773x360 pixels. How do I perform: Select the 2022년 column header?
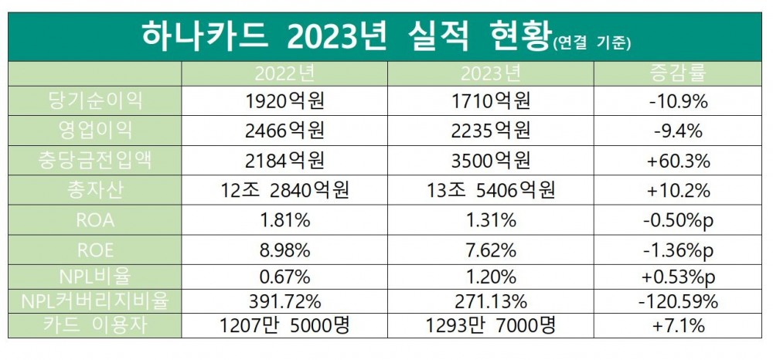(x=284, y=75)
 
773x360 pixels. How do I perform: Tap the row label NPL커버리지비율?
(x=95, y=299)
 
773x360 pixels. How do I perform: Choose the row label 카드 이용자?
(x=95, y=327)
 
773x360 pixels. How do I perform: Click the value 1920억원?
(x=284, y=100)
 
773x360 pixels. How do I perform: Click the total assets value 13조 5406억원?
(x=490, y=190)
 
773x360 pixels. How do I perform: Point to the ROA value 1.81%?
(x=284, y=220)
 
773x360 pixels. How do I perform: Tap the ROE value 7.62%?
(x=490, y=250)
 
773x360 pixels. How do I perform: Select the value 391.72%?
(x=284, y=301)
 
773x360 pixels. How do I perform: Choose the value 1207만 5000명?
(x=284, y=327)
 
